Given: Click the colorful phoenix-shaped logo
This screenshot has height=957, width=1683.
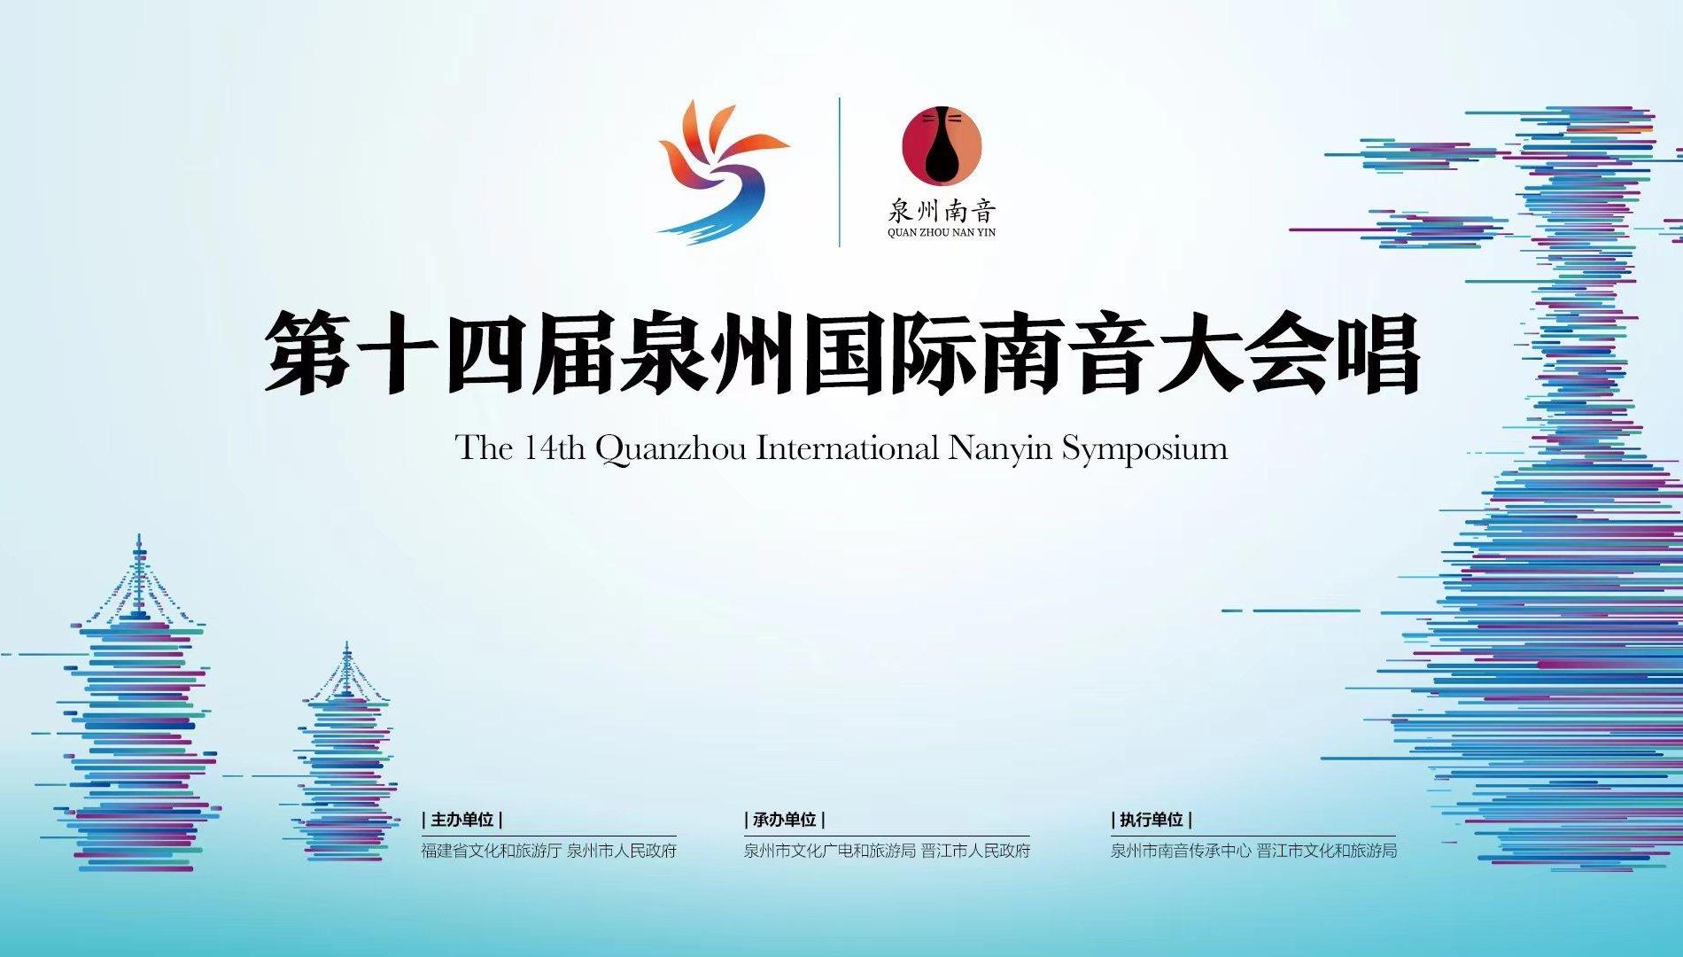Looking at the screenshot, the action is click(721, 171).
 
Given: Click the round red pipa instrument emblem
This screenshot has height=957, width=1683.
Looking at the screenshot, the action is click(942, 144).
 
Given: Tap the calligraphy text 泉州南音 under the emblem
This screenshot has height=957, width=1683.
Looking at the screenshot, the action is click(942, 211).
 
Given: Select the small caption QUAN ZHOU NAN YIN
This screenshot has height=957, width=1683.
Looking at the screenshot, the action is click(942, 233).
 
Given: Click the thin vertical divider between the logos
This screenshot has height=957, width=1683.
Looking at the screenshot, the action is click(840, 172).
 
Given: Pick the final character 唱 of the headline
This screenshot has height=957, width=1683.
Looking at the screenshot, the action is click(1378, 352).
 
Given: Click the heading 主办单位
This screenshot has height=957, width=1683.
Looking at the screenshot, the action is click(462, 821).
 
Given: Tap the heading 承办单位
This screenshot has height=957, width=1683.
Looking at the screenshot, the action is click(785, 821).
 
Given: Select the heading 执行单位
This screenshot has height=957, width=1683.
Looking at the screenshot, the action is click(1152, 821).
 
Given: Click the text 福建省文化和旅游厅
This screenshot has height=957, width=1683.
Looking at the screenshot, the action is click(491, 851).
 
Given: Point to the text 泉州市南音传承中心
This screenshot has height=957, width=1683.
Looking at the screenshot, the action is click(1181, 851).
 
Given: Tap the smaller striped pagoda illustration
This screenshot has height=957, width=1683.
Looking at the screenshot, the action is click(345, 753).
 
